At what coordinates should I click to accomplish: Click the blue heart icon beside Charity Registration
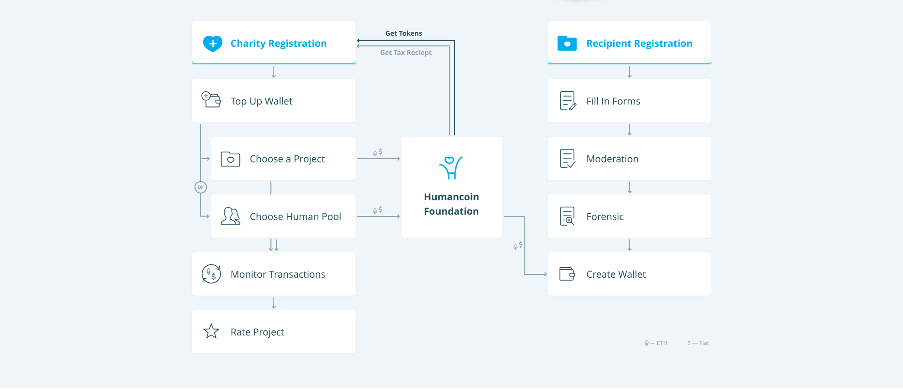(x=212, y=44)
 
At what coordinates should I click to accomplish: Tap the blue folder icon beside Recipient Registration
(x=567, y=43)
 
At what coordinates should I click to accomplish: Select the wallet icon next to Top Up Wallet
(x=211, y=99)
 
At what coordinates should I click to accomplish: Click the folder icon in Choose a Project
(x=230, y=159)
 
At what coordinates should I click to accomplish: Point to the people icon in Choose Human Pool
(x=230, y=216)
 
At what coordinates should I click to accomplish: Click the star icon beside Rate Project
(x=211, y=331)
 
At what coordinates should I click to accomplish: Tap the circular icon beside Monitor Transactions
(x=211, y=274)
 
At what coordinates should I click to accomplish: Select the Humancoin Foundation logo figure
(x=451, y=167)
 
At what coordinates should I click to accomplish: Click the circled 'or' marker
(x=201, y=187)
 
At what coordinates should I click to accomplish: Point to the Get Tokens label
(x=404, y=33)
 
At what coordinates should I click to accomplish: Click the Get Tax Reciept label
(x=406, y=53)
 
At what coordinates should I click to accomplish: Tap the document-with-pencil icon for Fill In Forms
(x=568, y=101)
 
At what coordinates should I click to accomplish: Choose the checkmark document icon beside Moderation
(x=567, y=158)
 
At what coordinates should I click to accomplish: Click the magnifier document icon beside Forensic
(x=567, y=216)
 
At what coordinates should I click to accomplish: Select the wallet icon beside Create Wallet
(x=567, y=274)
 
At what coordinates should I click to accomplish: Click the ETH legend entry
(x=656, y=343)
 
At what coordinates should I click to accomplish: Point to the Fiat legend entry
(x=698, y=343)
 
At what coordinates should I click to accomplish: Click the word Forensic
(x=605, y=217)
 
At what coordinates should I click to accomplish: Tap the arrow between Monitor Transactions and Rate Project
(x=274, y=303)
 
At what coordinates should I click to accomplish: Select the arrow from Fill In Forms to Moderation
(x=630, y=130)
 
